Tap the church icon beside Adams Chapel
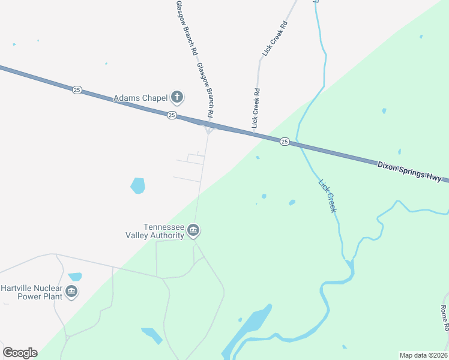tap(176, 97)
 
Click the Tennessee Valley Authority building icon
tap(193, 230)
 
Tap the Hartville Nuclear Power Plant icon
tap(71, 292)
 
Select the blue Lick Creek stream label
tap(327, 196)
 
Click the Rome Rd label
tap(444, 318)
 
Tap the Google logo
tap(20, 353)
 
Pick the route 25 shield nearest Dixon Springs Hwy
tap(285, 142)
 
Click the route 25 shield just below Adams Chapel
tap(172, 115)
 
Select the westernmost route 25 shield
tap(77, 89)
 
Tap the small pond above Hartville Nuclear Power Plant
tap(75, 277)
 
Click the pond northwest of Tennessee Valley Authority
tap(138, 185)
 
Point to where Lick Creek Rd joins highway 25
tap(254, 135)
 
